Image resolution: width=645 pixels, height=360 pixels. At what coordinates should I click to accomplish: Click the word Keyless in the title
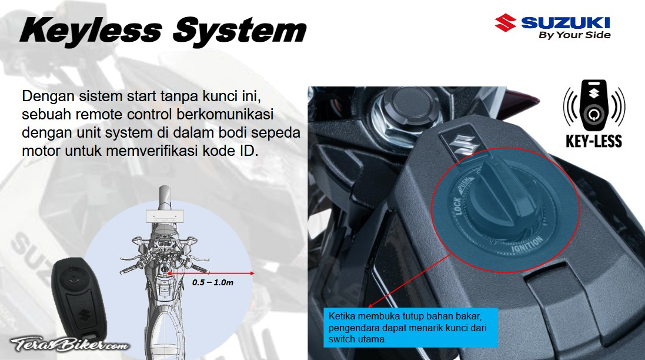[91, 31]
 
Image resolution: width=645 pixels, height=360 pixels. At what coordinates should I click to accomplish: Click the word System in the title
[240, 31]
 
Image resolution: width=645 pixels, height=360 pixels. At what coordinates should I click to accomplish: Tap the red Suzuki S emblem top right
[505, 22]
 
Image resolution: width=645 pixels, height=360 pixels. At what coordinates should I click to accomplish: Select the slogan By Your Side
[574, 35]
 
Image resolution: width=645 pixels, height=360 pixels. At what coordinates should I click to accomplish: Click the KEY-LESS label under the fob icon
[594, 141]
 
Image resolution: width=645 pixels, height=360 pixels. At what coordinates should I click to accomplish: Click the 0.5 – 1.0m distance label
[213, 283]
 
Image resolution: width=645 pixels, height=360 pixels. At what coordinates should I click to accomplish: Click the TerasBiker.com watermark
[69, 344]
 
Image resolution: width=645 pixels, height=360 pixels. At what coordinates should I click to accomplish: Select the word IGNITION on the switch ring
[527, 245]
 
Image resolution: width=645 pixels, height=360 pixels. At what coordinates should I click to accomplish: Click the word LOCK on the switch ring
[457, 206]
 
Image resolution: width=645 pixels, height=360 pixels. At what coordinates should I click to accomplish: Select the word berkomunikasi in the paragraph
[225, 114]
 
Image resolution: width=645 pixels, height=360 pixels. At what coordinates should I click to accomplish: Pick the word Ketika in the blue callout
[342, 316]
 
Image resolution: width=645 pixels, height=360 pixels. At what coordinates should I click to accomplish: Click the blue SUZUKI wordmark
[565, 22]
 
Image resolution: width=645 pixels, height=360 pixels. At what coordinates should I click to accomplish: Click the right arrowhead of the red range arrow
[252, 273]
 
